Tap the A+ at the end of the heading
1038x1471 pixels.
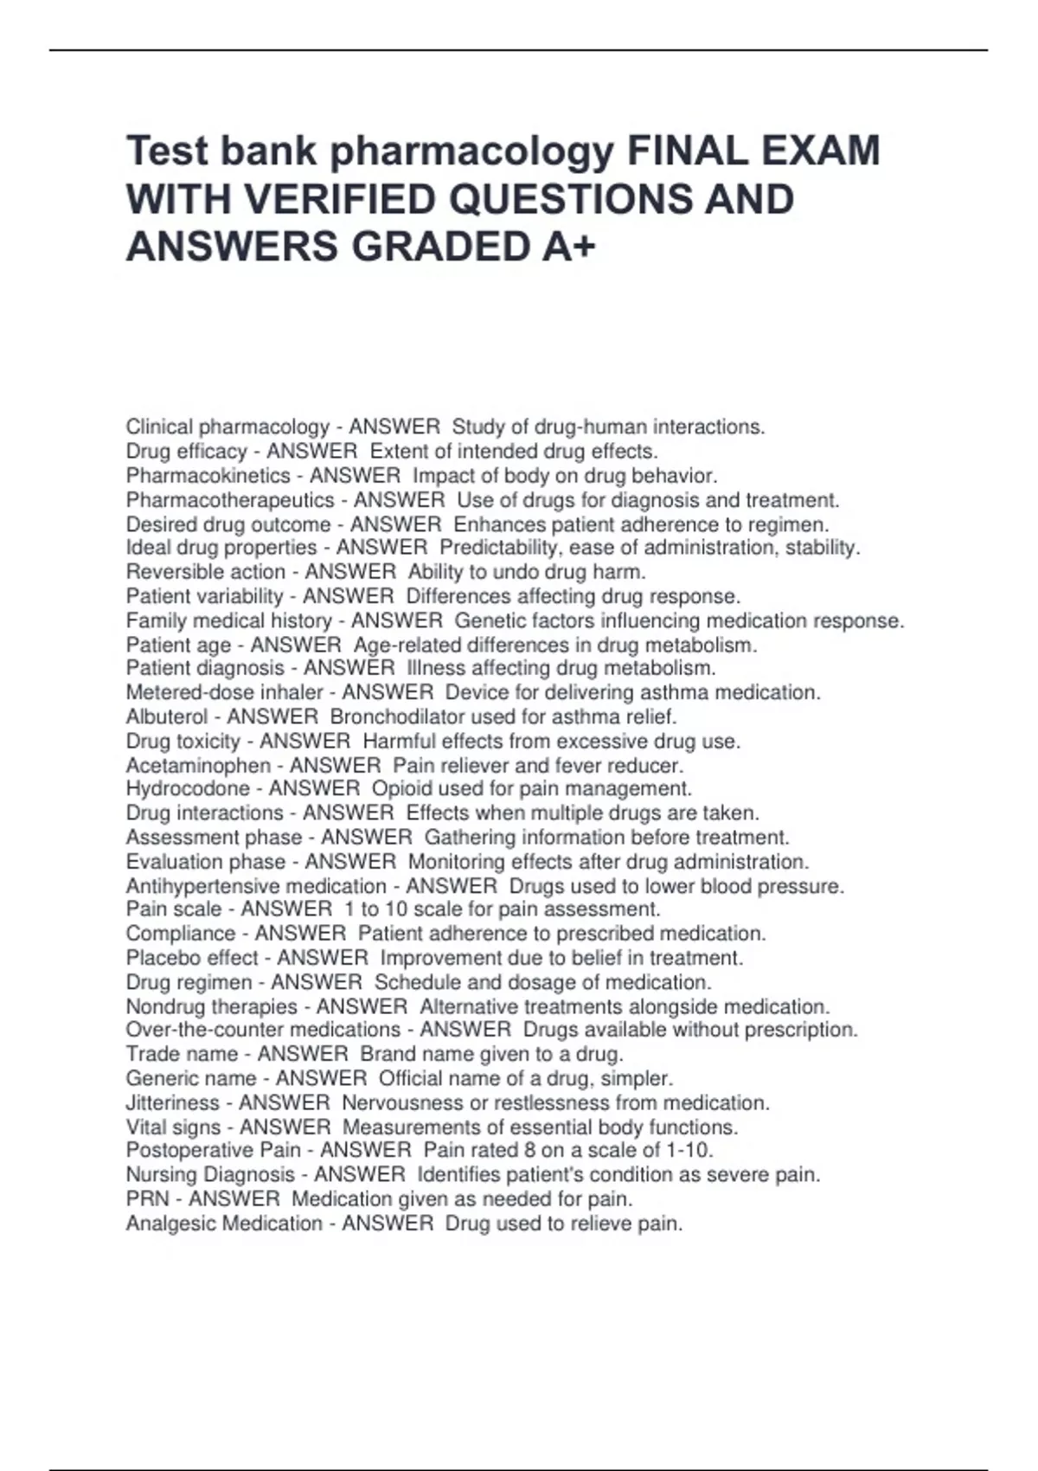click(x=570, y=248)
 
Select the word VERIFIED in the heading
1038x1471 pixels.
click(x=346, y=200)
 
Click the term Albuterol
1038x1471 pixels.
click(x=167, y=717)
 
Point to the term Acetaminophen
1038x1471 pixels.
click(x=198, y=766)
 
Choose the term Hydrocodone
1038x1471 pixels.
click(x=188, y=789)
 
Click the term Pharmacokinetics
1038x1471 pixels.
click(x=208, y=476)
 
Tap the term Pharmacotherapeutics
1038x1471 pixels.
click(x=230, y=500)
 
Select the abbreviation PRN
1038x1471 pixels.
click(x=147, y=1199)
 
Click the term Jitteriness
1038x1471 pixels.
click(x=172, y=1103)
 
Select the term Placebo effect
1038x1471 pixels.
click(x=192, y=958)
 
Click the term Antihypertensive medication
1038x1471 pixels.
click(x=256, y=887)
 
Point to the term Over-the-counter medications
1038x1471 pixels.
click(x=263, y=1030)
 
